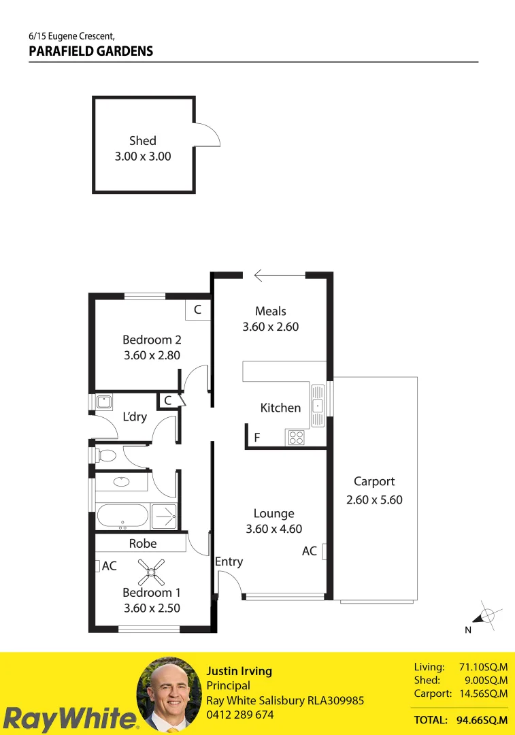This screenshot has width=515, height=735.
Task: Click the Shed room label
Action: [142, 141]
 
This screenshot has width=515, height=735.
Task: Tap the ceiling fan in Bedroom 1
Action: [151, 572]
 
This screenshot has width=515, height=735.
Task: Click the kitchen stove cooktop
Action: [297, 438]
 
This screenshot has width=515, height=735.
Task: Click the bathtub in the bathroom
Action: [122, 516]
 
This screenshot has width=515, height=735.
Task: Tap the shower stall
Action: [163, 516]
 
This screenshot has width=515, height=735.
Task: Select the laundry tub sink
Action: [104, 402]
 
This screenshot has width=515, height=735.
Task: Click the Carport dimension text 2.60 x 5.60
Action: [374, 500]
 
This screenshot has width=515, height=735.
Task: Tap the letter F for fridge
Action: [257, 438]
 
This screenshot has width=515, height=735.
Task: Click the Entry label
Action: [229, 561]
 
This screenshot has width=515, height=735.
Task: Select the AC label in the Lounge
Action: [310, 551]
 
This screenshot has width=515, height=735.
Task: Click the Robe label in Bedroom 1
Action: [143, 543]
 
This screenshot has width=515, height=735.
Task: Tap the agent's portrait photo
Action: [169, 694]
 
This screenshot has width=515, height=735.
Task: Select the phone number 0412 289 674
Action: [240, 715]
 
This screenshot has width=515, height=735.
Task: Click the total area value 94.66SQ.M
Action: [482, 719]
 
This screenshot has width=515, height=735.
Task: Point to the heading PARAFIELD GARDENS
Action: [91, 51]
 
